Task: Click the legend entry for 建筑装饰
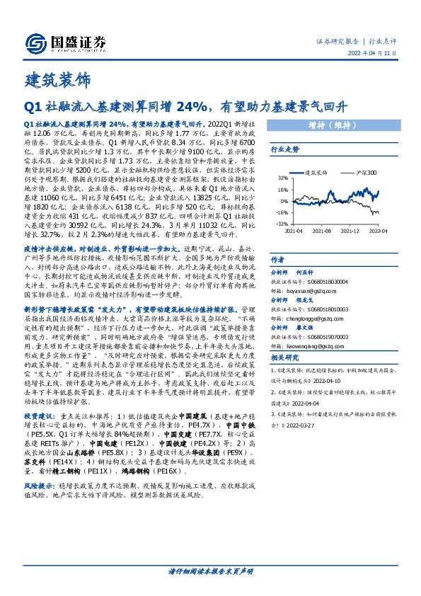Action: pos(313,172)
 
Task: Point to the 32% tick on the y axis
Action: pos(282,178)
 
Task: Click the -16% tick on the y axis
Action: pos(281,212)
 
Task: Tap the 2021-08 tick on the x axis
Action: pos(321,230)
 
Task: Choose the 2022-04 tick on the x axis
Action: pos(379,230)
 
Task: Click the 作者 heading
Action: pos(278,260)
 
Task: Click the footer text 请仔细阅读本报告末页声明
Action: pos(210,571)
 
